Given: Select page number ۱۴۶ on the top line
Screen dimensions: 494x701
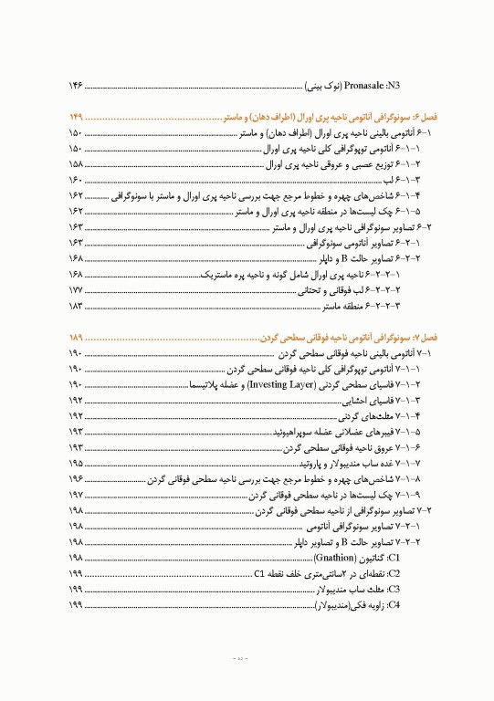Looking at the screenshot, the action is [76, 85].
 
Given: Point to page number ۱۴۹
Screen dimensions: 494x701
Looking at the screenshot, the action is [76, 119].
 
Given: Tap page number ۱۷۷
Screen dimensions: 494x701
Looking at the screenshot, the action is [76, 289].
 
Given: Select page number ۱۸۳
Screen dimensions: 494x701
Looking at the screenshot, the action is [76, 305].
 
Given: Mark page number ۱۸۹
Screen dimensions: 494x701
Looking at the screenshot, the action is [76, 338].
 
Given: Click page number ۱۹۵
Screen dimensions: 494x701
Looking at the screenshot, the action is [76, 463].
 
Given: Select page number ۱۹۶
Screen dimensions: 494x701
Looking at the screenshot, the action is [76, 478].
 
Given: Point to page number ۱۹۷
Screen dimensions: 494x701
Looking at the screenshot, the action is [76, 494].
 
